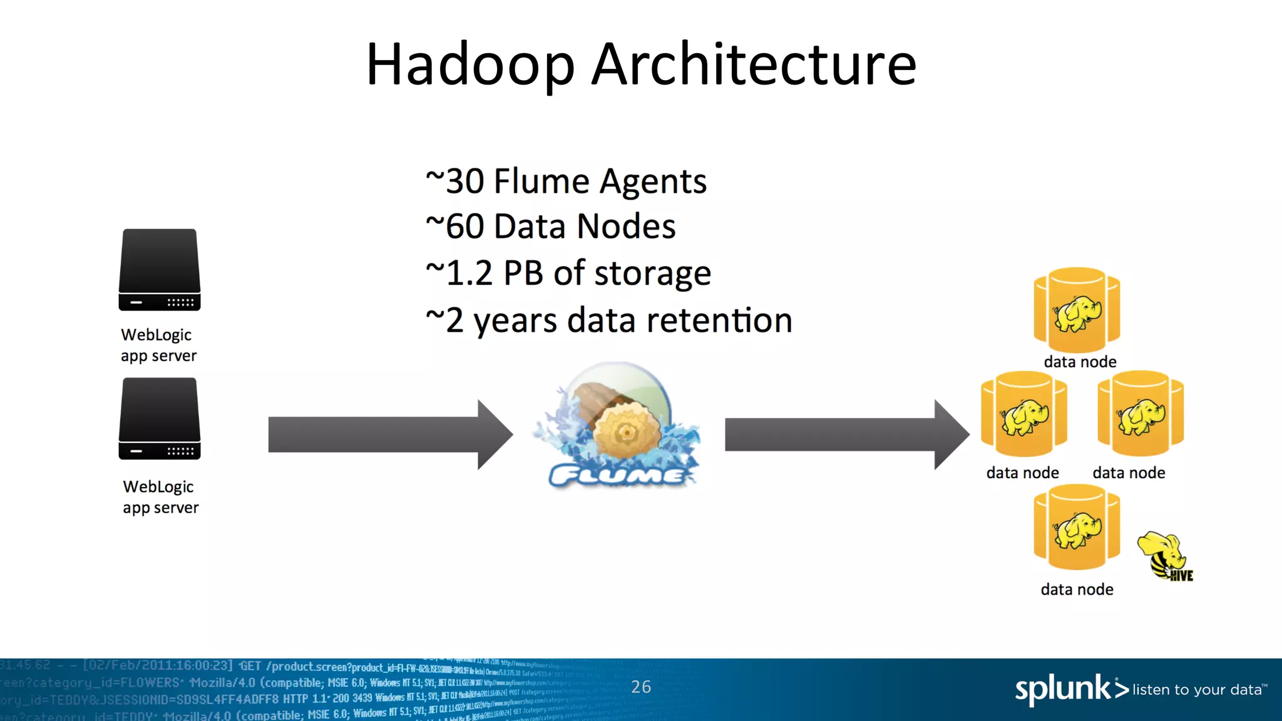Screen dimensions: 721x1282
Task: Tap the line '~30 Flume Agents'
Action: click(x=566, y=182)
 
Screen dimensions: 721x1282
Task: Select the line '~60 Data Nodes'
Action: click(x=551, y=227)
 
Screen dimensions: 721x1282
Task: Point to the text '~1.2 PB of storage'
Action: click(x=568, y=274)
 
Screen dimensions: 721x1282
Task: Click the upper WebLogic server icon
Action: click(x=160, y=270)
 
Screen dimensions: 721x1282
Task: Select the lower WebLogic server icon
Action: click(x=160, y=419)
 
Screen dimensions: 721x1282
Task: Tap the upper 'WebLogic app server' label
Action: click(x=158, y=345)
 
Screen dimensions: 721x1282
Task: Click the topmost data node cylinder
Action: click(x=1077, y=310)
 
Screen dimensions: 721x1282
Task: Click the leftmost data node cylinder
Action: click(x=1023, y=414)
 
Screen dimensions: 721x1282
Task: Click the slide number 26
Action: click(x=641, y=687)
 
